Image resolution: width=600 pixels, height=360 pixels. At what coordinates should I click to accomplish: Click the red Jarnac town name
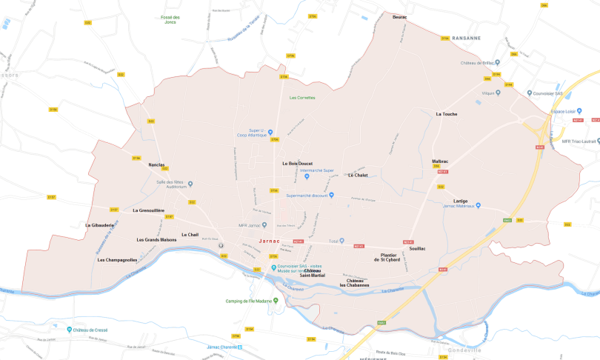point(271,241)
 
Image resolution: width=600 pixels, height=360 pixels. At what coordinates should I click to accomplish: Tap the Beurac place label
point(399,16)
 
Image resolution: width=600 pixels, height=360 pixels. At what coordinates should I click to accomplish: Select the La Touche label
point(446,114)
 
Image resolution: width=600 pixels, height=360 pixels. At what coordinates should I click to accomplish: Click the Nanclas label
point(156,164)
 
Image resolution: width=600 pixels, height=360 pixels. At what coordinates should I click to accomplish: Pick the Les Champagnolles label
point(117,260)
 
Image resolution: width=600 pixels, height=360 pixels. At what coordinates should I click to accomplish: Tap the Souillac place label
point(417,248)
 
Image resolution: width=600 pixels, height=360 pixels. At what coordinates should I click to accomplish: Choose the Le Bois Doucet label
point(297,163)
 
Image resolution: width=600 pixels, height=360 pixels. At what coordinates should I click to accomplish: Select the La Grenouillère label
point(148,210)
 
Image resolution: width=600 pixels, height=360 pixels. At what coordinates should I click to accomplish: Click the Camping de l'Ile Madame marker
point(276,301)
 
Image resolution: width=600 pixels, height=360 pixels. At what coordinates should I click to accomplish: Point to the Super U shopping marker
point(270,132)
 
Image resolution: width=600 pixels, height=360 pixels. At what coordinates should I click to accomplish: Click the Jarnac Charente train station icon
point(249,346)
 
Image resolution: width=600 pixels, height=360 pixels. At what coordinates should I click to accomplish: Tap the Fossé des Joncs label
point(171,20)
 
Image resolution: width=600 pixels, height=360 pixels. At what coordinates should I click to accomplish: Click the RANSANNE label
point(466,38)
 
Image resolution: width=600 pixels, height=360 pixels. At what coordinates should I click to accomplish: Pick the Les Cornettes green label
point(302,98)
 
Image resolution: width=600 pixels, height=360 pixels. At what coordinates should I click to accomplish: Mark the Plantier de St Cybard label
point(387,258)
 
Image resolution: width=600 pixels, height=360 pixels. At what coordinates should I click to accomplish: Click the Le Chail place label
point(190,235)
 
